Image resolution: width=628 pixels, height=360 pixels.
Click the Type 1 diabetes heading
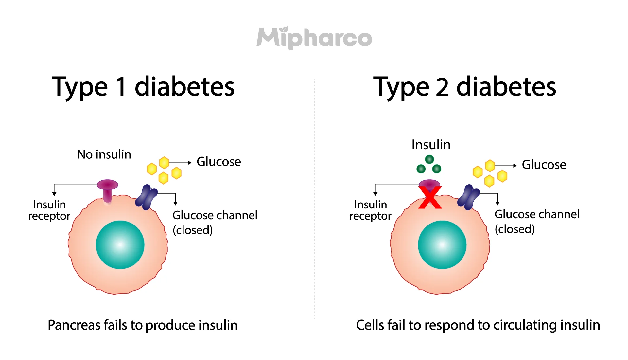pos(143,87)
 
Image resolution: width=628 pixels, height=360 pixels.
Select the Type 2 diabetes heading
pos(464,87)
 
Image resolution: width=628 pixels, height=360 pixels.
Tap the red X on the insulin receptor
pos(430,198)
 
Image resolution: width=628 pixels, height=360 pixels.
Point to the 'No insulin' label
pos(104,154)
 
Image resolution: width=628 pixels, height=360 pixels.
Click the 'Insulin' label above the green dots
pos(431,145)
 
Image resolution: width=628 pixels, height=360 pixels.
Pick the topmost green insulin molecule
pos(429,159)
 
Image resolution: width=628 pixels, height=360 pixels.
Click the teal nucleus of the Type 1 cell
pos(120,245)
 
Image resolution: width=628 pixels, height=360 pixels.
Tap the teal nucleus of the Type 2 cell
pos(442,245)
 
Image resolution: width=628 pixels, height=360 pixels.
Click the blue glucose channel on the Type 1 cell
pos(147,197)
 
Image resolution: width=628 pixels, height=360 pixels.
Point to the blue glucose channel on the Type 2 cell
pos(468,197)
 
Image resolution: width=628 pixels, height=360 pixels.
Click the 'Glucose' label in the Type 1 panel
pos(218,162)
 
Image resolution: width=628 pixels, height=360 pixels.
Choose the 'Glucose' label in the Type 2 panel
pos(544,165)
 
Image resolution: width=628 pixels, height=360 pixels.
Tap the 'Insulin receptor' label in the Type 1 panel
pos(49,210)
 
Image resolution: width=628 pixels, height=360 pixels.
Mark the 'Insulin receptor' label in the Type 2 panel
pos(370,210)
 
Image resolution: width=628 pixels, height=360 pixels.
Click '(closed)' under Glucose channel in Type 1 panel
pos(193,230)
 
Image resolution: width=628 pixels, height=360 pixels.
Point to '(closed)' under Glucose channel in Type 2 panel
pos(515,229)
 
